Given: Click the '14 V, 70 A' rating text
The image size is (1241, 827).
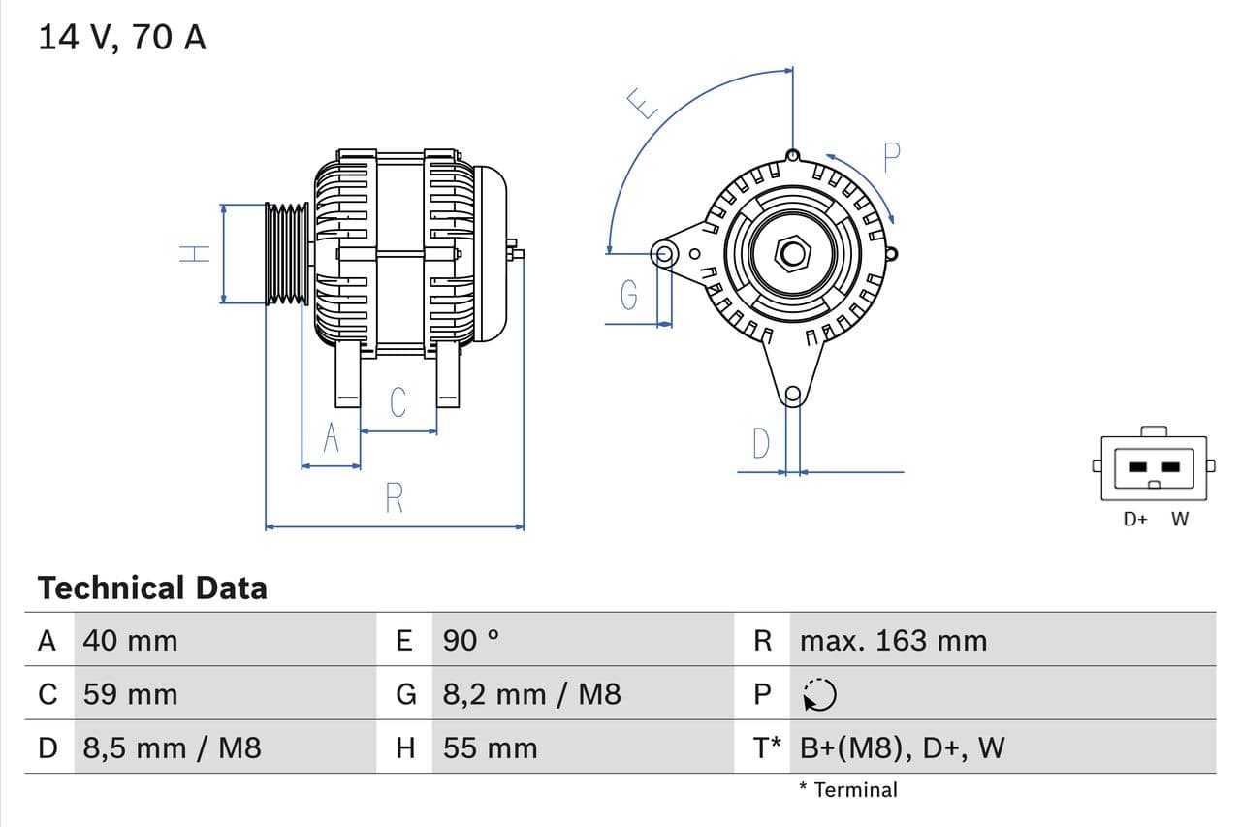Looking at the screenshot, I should point(122,38).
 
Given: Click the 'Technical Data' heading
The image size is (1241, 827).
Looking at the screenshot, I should point(152,588).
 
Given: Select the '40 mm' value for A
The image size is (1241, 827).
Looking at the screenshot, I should point(130,641).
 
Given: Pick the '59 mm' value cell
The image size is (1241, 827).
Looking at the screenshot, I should point(130,694).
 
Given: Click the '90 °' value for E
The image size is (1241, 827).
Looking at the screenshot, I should point(471,641).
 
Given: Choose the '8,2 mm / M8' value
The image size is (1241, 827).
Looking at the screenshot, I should point(531,694).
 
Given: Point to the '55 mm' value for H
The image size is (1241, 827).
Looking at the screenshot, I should point(490,747).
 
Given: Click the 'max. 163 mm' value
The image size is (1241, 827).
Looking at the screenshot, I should point(893,641).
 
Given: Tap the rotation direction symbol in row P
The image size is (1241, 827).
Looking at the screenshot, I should point(820,694).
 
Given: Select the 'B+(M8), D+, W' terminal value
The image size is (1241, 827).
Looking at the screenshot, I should point(902,747).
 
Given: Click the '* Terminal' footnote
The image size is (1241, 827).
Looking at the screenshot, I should point(848,790).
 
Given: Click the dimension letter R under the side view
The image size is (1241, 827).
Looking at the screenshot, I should point(394,498).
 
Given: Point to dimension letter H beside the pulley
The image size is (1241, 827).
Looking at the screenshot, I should point(195,254).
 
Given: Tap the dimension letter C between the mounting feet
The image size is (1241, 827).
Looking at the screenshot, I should point(398,402).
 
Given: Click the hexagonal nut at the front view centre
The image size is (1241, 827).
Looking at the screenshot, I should point(793,254).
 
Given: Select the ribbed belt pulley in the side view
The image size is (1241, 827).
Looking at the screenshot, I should point(286,254).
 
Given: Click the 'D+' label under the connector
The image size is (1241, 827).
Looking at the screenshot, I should point(1135,519).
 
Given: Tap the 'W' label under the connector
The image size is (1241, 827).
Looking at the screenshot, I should point(1179,519).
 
